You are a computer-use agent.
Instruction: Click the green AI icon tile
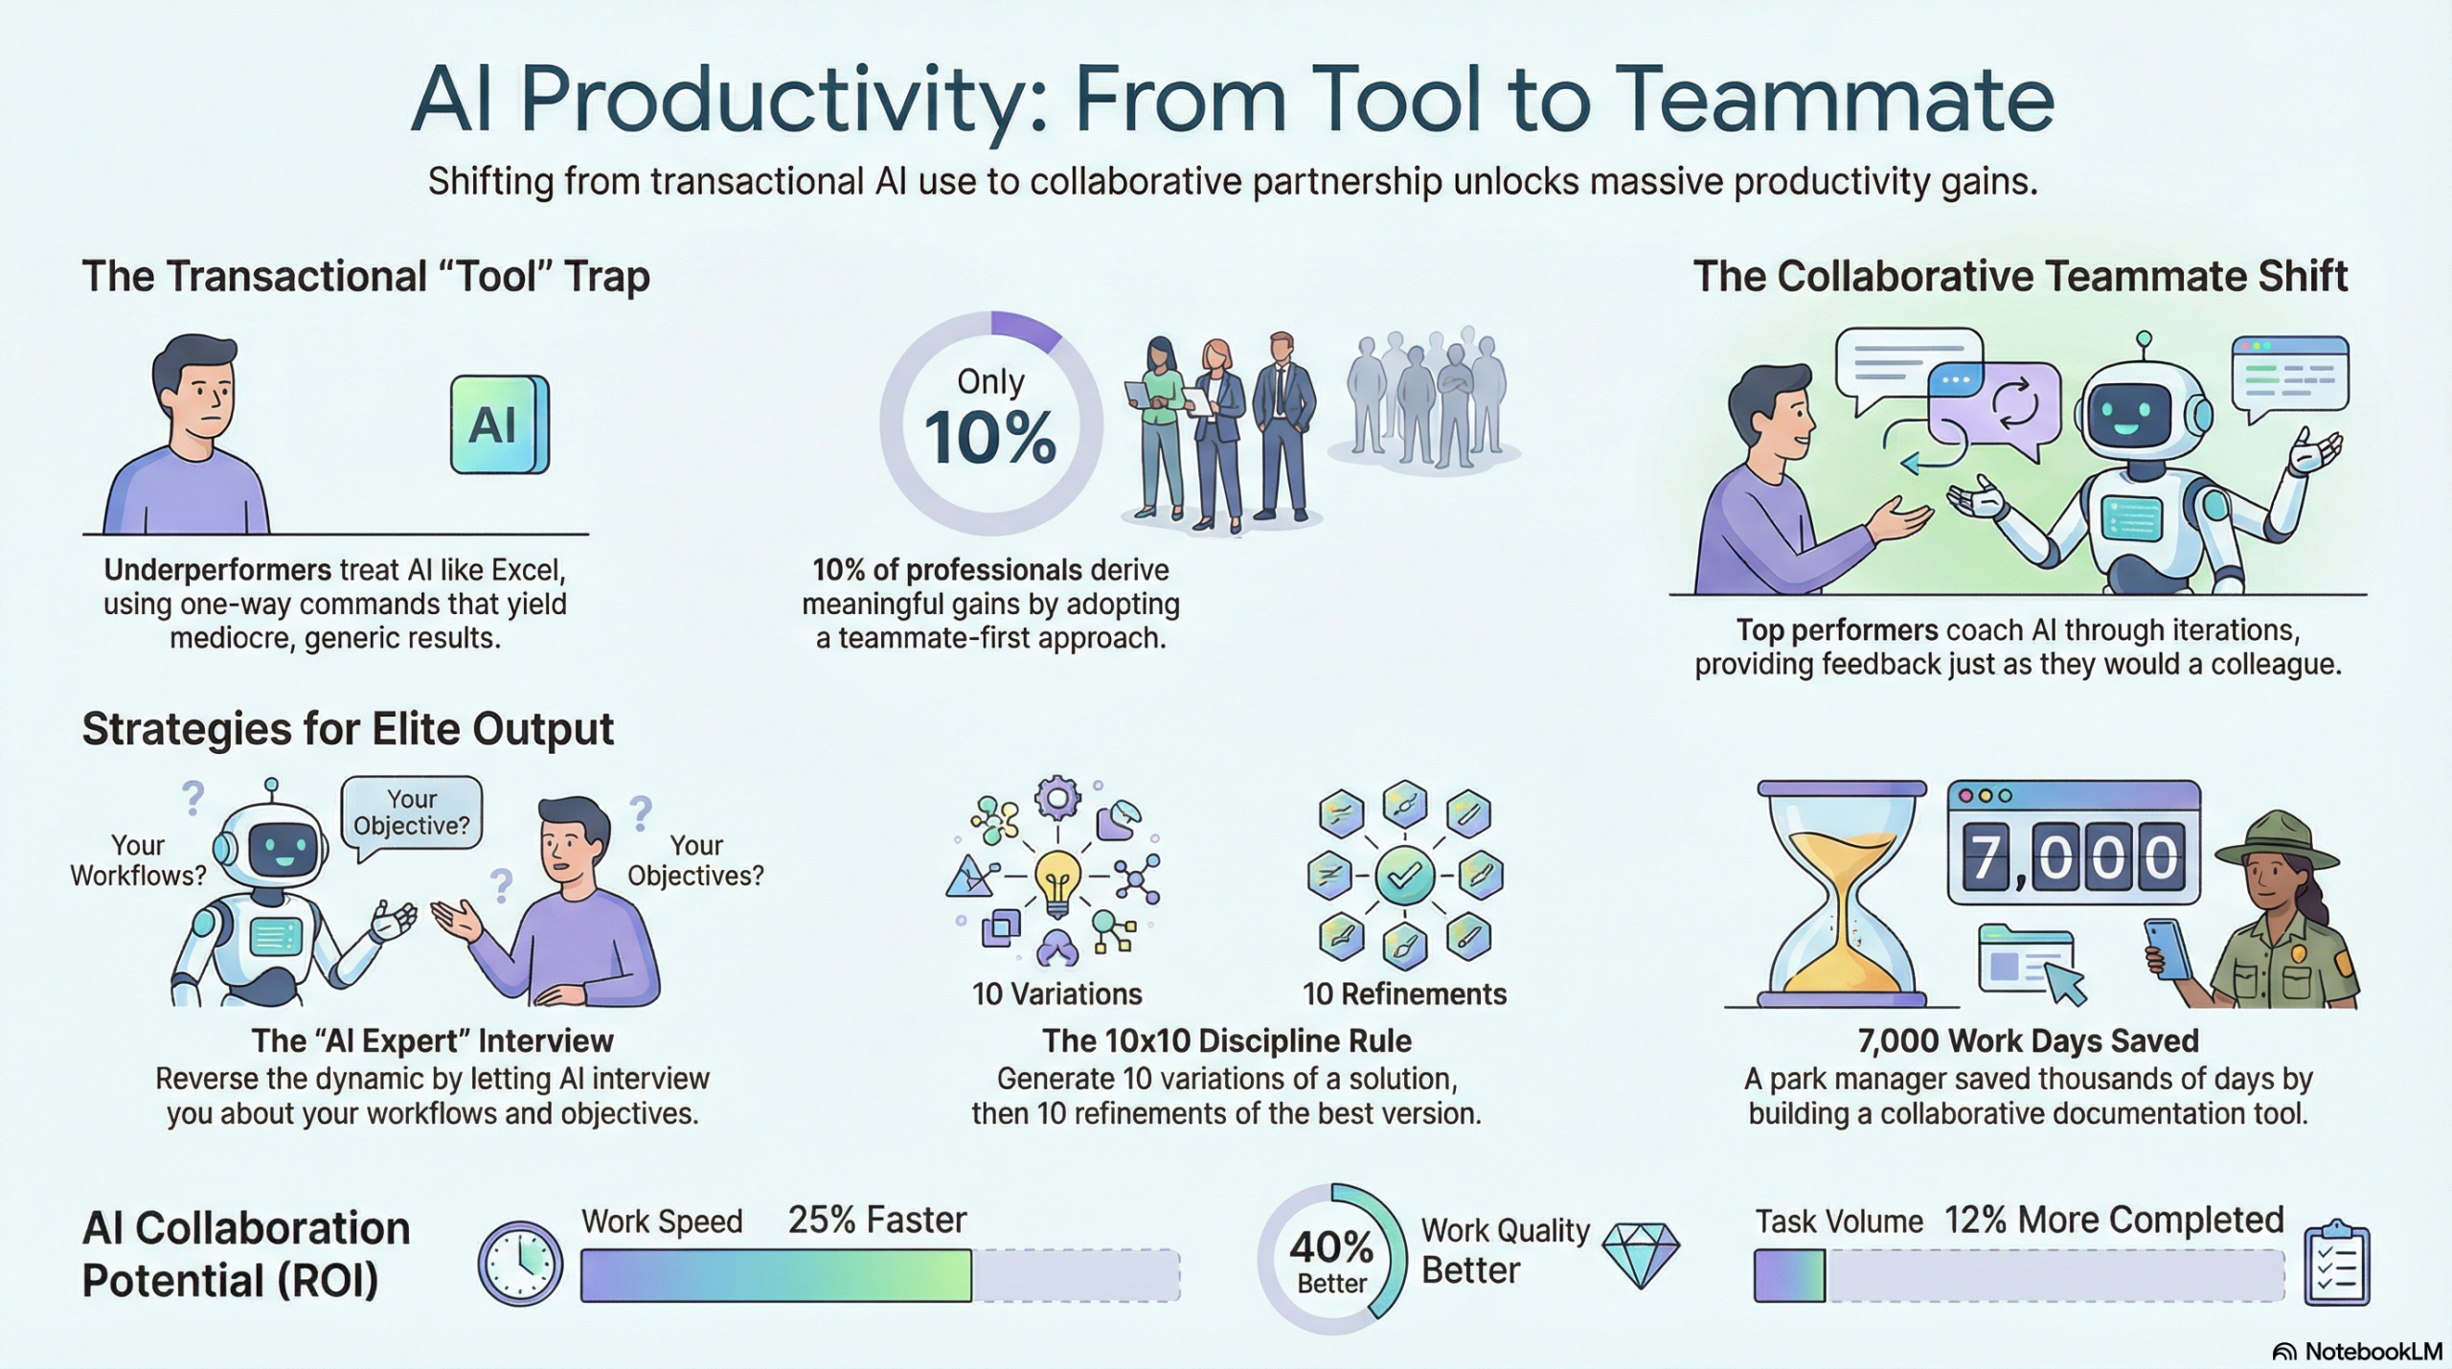point(499,424)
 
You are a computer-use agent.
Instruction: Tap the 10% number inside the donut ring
point(990,438)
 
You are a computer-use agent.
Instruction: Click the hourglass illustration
point(1841,893)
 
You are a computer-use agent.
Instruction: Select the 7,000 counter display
point(2074,856)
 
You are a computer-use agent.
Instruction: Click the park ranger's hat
point(2277,839)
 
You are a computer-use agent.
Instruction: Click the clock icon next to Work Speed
point(520,1263)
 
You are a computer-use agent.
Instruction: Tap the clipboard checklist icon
point(2336,1264)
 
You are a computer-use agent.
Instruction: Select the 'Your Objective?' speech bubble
point(412,812)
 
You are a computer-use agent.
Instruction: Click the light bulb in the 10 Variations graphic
point(1056,878)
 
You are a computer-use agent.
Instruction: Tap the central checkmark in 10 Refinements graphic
point(1404,875)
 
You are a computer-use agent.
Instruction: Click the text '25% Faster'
point(876,1220)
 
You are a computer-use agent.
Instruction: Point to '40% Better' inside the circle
point(1330,1259)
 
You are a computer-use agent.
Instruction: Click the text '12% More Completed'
point(2114,1220)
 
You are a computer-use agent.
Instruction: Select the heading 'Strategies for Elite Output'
point(348,729)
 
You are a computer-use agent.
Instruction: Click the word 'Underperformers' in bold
point(217,570)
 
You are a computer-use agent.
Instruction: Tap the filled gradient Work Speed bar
point(776,1275)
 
